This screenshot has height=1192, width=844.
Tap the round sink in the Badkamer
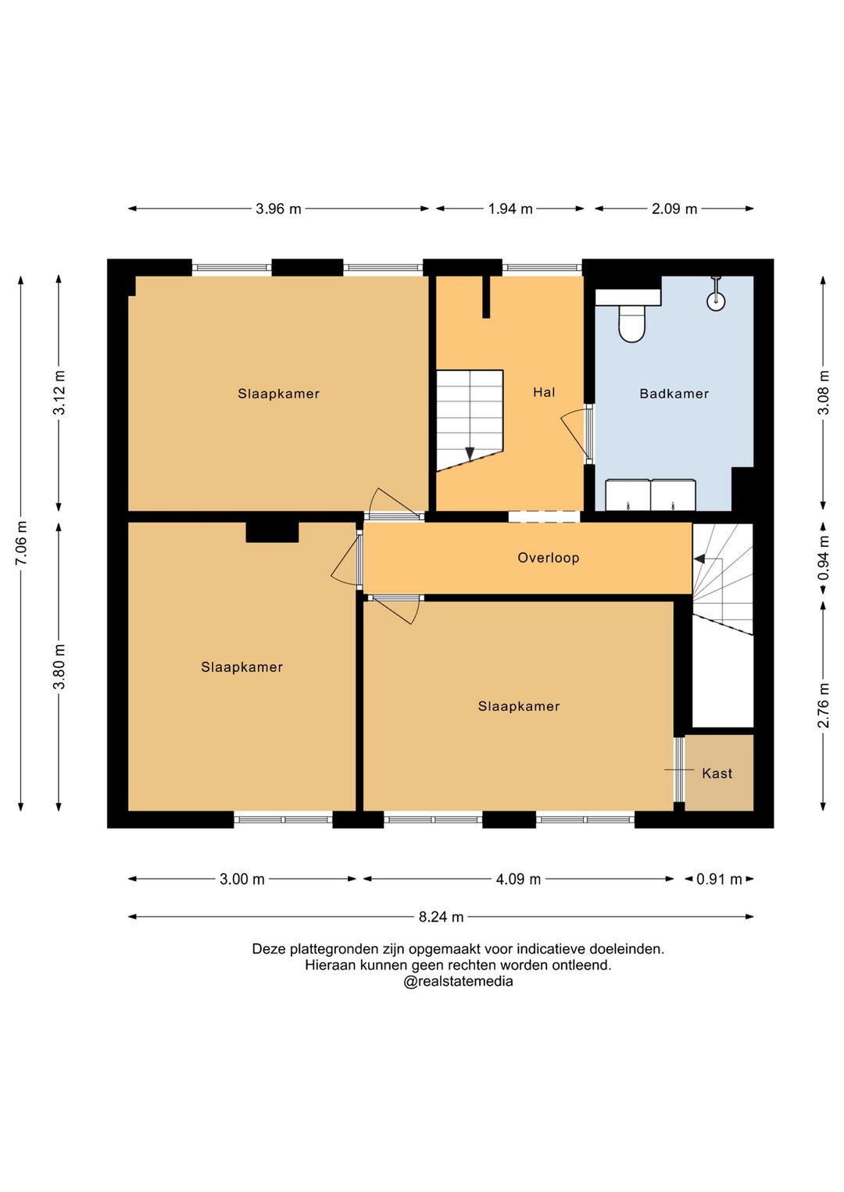tap(716, 302)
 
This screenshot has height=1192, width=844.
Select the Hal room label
tap(544, 393)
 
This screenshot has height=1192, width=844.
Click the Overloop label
tap(548, 558)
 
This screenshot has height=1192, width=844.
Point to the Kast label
tap(717, 773)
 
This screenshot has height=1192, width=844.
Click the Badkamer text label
tap(674, 394)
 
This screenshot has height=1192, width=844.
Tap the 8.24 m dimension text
tap(441, 917)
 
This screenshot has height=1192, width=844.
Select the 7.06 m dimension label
tap(21, 544)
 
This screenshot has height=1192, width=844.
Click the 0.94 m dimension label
tap(823, 558)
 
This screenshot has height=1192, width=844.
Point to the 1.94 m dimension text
tap(510, 209)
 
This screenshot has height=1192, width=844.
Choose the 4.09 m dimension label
tap(518, 879)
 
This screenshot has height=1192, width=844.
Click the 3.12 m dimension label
tap(59, 393)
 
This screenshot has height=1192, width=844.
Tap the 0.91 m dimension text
tap(719, 879)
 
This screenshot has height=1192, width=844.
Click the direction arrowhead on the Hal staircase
tap(470, 453)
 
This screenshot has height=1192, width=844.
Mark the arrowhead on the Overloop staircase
tap(699, 559)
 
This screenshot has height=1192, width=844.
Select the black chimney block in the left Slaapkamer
tap(272, 532)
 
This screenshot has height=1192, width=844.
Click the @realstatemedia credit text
tap(458, 982)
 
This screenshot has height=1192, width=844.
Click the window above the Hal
tap(542, 268)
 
